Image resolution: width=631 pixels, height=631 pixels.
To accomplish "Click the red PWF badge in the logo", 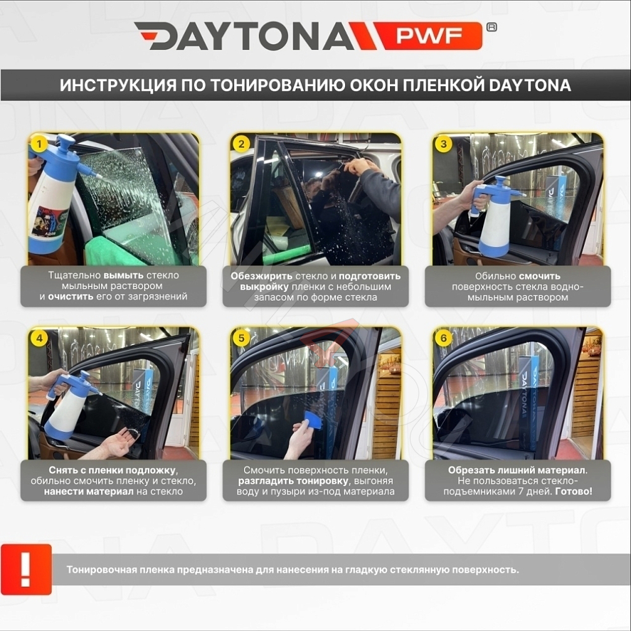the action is pyautogui.click(x=429, y=36).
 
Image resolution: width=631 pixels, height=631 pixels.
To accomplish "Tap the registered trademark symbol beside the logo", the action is pyautogui.click(x=491, y=27).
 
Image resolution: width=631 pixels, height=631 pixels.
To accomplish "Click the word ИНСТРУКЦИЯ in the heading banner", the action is pyautogui.click(x=119, y=86).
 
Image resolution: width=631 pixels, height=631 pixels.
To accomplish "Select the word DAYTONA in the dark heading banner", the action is pyautogui.click(x=530, y=86).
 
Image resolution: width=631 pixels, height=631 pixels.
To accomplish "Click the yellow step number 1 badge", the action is pyautogui.click(x=39, y=144).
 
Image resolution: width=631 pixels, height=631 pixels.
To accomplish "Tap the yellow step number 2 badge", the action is pyautogui.click(x=242, y=144).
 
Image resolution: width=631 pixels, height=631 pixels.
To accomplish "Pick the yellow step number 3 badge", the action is pyautogui.click(x=444, y=144).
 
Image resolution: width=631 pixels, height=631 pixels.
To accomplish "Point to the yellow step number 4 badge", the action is pyautogui.click(x=39, y=338).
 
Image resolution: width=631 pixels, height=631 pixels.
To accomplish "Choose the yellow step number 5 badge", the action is pyautogui.click(x=242, y=338).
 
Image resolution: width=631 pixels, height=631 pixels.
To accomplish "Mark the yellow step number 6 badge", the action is pyautogui.click(x=444, y=338).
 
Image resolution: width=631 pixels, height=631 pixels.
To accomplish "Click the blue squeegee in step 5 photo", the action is pyautogui.click(x=312, y=420).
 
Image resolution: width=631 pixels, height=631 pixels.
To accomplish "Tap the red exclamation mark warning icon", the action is pyautogui.click(x=26, y=569).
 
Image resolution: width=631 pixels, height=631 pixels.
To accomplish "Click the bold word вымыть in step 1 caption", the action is pyautogui.click(x=124, y=276).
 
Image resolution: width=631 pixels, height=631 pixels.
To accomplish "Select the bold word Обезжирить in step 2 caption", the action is pyautogui.click(x=262, y=276).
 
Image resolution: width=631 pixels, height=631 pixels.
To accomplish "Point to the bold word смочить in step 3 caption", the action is pyautogui.click(x=539, y=276).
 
